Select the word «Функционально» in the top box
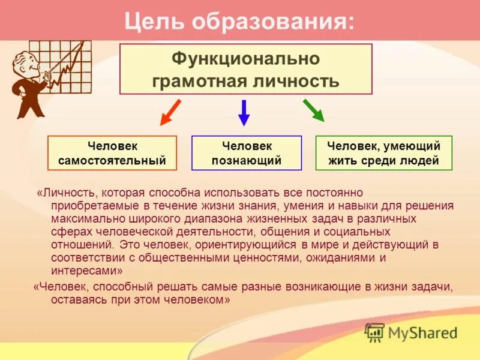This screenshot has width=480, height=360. click(x=246, y=58)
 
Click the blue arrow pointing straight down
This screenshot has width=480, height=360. click(x=244, y=112)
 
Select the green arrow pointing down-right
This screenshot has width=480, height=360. click(x=313, y=110)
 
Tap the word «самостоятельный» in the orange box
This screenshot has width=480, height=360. click(x=112, y=161)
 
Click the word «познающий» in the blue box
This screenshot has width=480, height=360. click(x=247, y=161)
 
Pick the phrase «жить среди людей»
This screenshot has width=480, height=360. click(x=384, y=161)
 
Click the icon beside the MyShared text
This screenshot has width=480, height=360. click(x=375, y=332)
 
